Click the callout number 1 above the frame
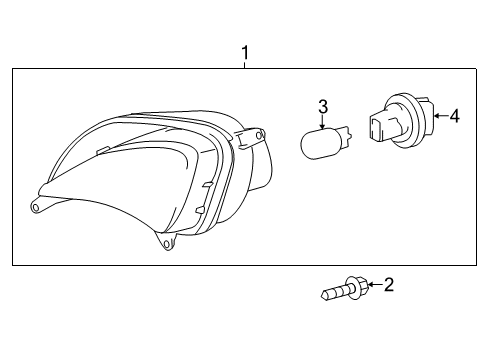[x=243, y=51]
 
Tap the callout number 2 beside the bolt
[x=388, y=286]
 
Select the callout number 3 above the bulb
[x=323, y=107]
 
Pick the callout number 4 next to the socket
[x=454, y=117]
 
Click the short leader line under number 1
[x=243, y=63]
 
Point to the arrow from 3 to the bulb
[x=323, y=121]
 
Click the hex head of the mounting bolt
[x=358, y=289]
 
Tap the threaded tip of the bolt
[x=328, y=296]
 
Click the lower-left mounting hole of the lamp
[x=37, y=207]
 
